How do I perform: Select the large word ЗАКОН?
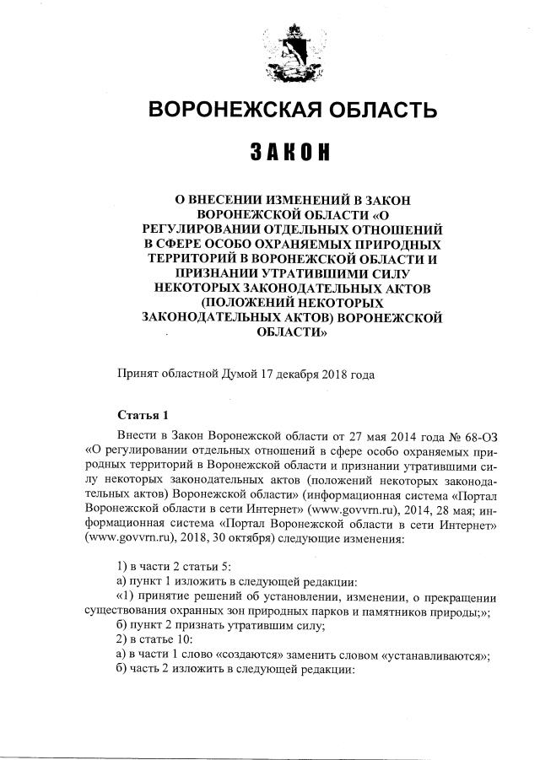click(x=289, y=154)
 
